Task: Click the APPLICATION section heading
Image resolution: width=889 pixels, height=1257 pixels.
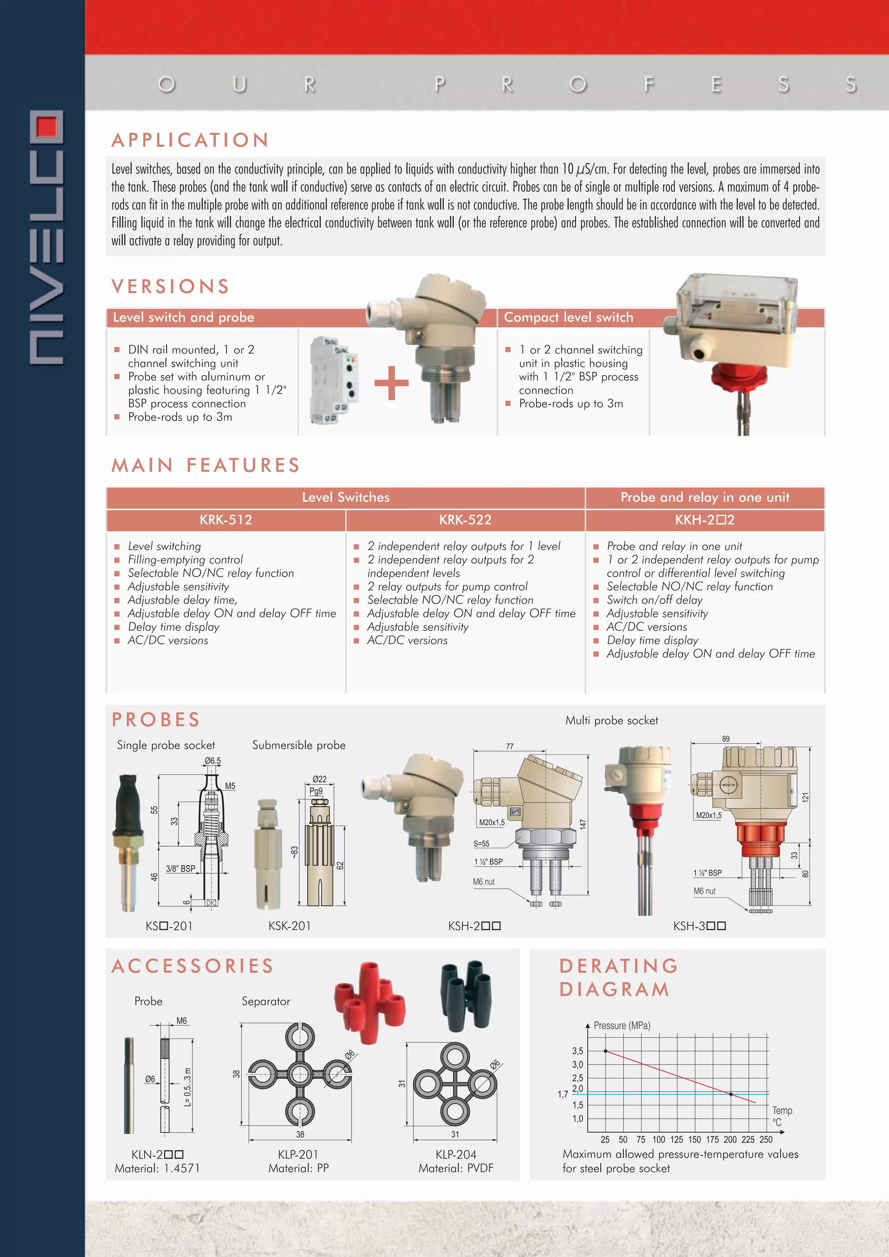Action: pos(190,140)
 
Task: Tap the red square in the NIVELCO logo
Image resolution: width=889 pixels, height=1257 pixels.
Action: pos(47,126)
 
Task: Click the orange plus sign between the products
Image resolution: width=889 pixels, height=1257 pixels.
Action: pos(391,382)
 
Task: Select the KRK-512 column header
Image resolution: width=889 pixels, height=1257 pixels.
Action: pos(226,520)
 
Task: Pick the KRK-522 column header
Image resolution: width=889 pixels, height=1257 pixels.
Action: pos(465,520)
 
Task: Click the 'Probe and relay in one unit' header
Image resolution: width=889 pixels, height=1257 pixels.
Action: pos(705,497)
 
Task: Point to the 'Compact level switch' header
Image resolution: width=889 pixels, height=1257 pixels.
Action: pos(568,318)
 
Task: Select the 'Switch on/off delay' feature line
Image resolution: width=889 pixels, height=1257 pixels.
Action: pos(654,600)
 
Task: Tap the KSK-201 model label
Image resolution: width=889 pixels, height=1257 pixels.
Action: pos(289,926)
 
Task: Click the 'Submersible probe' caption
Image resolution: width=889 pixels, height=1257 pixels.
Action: pos(299,745)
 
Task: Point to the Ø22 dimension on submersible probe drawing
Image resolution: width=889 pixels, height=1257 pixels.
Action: pos(319,779)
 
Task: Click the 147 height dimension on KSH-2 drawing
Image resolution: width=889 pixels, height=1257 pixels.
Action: pos(583,824)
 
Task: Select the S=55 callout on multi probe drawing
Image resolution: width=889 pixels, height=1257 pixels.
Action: pos(481,844)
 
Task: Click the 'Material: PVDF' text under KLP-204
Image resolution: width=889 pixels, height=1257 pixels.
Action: pos(456,1169)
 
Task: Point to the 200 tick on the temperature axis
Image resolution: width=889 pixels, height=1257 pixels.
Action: pos(730,1140)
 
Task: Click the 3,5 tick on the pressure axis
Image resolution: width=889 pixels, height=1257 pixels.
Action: pos(577,1051)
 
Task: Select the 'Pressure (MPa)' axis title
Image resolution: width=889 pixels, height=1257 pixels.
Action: pos(622,1025)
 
